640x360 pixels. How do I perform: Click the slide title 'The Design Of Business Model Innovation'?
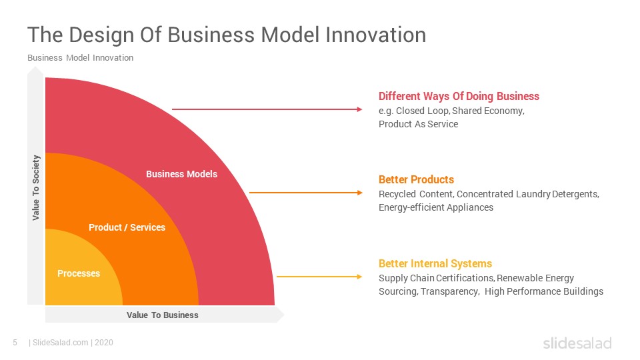click(227, 35)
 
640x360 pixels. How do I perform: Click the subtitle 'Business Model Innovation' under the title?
click(81, 58)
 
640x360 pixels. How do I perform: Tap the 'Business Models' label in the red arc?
click(181, 174)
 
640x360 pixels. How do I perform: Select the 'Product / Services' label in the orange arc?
click(127, 227)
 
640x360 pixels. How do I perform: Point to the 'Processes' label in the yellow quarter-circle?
click(79, 273)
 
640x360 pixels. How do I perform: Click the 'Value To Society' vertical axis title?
click(36, 188)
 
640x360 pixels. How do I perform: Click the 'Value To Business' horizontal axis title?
click(163, 315)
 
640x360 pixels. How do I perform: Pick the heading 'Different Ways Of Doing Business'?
click(459, 96)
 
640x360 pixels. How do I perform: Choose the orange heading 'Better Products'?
click(416, 179)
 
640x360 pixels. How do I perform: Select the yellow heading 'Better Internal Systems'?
click(435, 264)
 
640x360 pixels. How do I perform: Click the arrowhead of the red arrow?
click(359, 109)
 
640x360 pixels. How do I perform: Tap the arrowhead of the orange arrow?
click(359, 193)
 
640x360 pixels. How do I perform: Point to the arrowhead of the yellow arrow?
click(359, 277)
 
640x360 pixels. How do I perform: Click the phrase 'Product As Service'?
click(419, 124)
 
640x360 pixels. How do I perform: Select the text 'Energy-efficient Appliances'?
click(436, 207)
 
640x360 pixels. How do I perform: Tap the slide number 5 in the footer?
click(15, 343)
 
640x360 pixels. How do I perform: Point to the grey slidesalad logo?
click(577, 343)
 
